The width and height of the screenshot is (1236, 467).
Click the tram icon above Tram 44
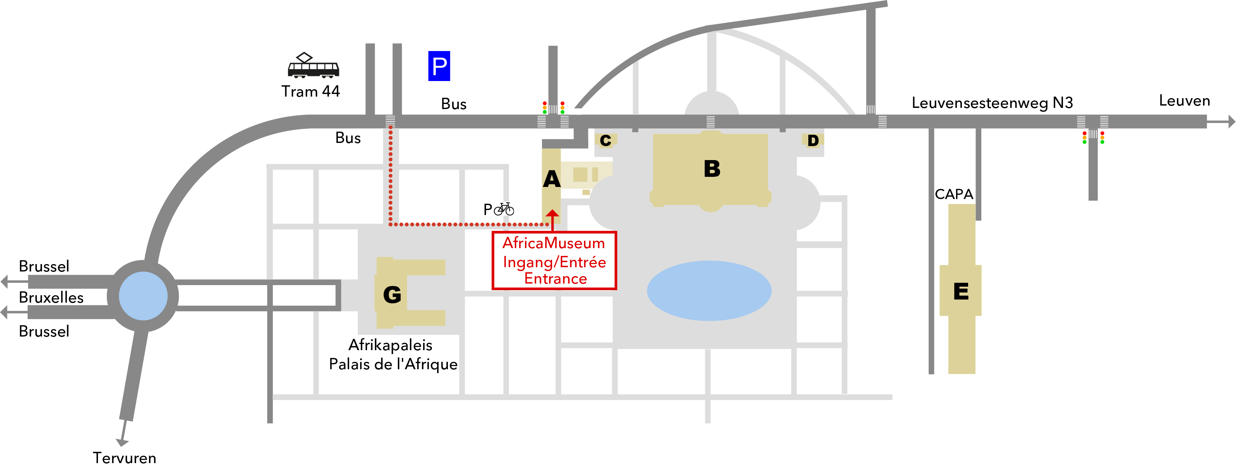pos(313,66)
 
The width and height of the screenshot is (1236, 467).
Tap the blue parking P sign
pos(439,66)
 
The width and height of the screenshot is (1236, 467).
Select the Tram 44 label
pos(310,91)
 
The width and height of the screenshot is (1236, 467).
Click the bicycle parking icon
pos(504,209)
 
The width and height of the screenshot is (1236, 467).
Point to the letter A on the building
pos(552,180)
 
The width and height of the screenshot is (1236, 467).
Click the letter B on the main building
pos(712,169)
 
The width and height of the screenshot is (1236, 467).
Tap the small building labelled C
pos(605,140)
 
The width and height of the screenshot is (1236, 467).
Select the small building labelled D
pos(813,140)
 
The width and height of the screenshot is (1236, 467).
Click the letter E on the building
pos(961,291)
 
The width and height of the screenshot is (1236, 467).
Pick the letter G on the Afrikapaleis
pos(392,294)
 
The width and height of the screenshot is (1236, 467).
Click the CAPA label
pos(954,194)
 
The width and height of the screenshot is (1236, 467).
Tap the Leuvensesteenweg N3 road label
pos(992,103)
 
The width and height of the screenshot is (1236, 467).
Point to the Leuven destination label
pos(1184,101)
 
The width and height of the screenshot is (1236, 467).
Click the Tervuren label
pos(124,457)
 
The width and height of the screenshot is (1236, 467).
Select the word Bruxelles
pos(51,298)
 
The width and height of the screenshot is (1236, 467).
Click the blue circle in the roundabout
pos(143,296)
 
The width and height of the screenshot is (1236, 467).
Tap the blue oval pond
pos(709,291)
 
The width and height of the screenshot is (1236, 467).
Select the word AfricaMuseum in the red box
pos(553,243)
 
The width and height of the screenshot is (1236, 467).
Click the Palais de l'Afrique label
pos(393,364)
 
